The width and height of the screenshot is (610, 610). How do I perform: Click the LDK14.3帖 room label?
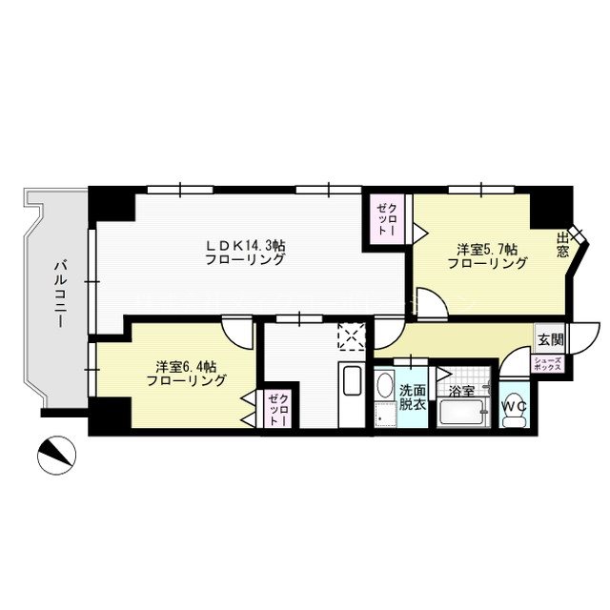(245, 252)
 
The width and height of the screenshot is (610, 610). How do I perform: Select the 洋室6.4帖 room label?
(186, 373)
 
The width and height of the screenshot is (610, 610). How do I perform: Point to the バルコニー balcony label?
(59, 293)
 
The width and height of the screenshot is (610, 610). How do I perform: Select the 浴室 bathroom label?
(461, 391)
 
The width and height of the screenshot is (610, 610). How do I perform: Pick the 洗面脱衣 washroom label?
(413, 396)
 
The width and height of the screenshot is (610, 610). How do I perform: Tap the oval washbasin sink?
(384, 385)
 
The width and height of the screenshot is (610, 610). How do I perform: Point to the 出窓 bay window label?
(563, 246)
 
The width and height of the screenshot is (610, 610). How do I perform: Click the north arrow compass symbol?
(55, 456)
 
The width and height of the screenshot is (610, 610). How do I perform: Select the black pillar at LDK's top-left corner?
(107, 204)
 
